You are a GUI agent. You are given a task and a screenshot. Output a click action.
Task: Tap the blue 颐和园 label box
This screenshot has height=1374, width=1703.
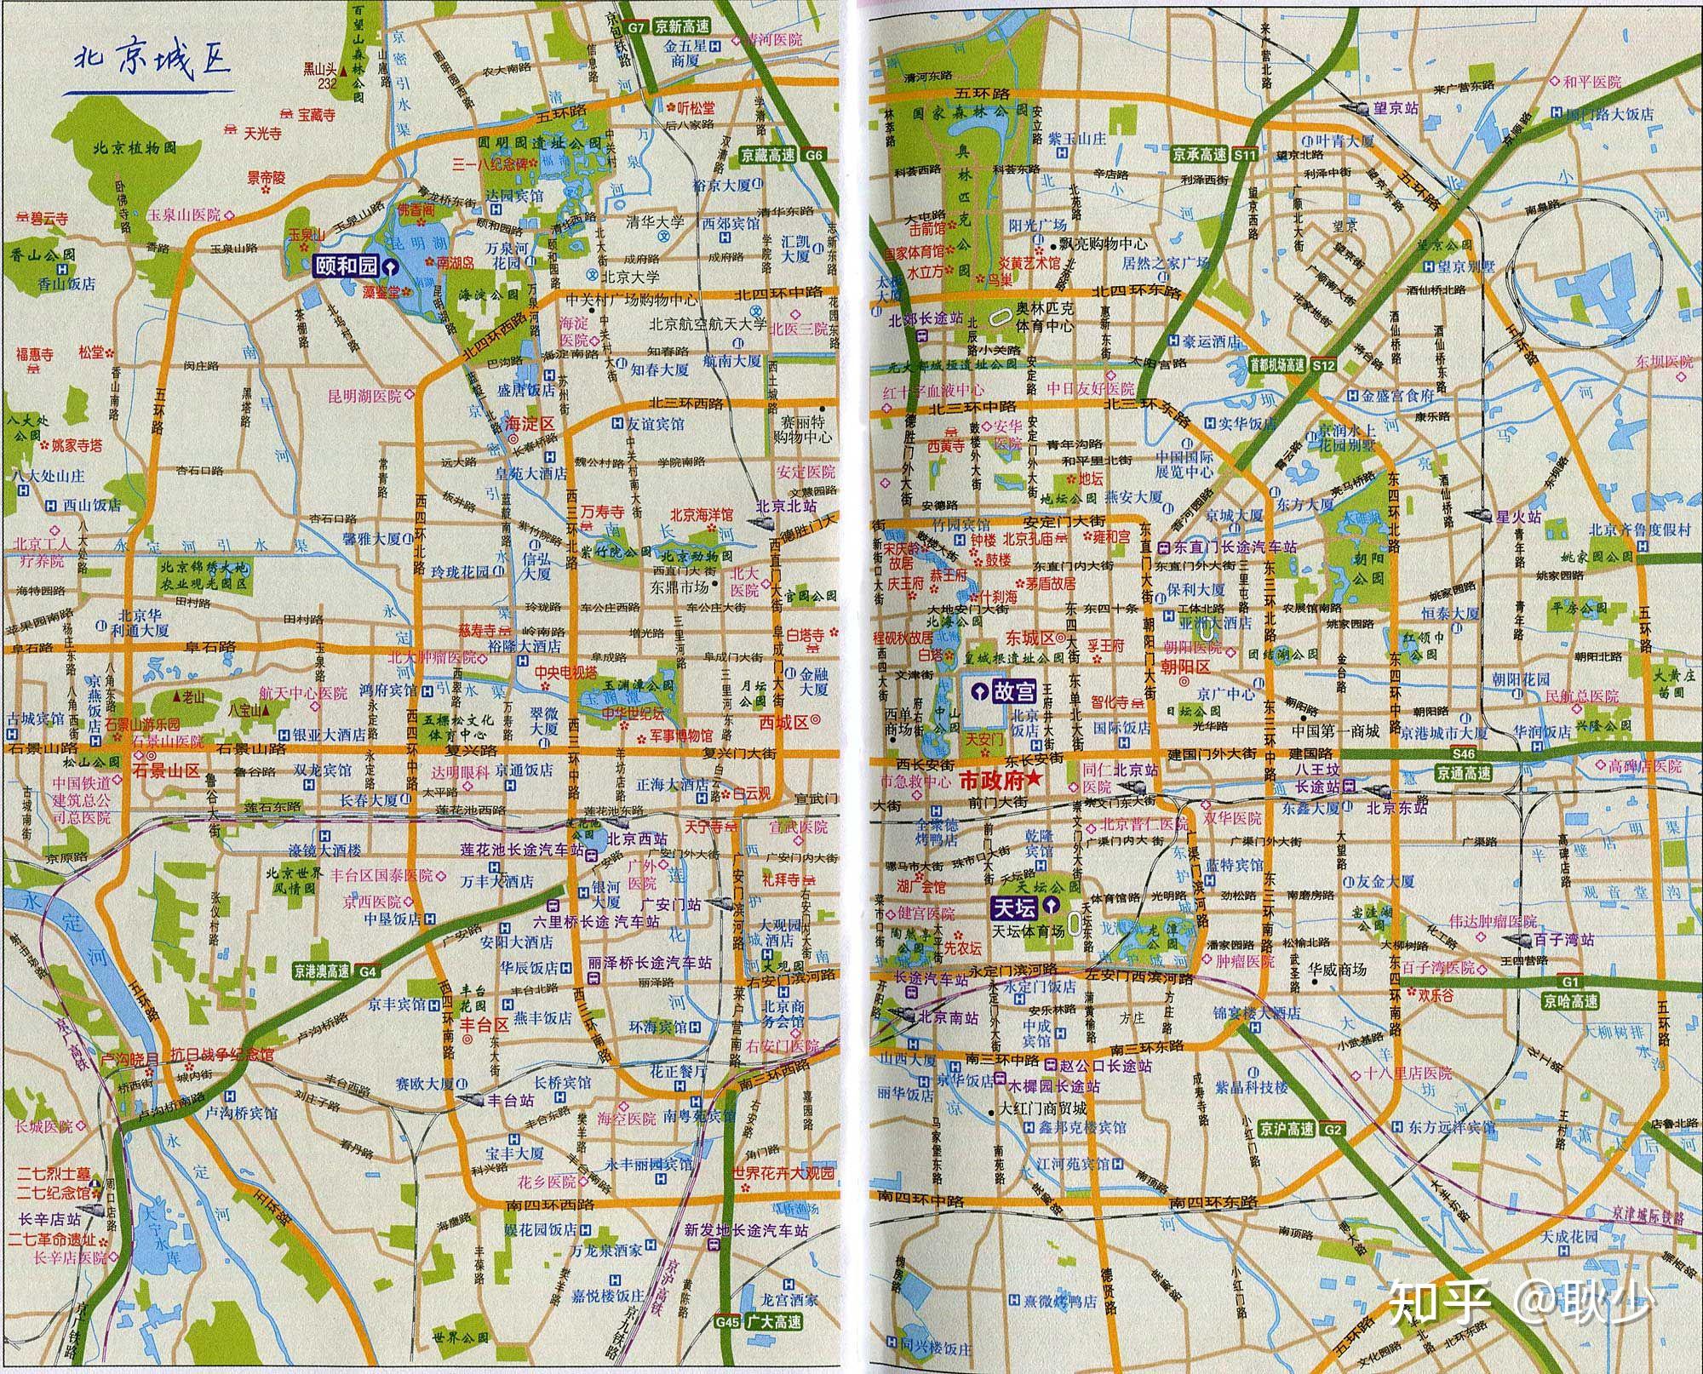pos(346,266)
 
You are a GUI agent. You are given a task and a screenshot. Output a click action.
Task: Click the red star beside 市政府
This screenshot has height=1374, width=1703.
pos(1035,780)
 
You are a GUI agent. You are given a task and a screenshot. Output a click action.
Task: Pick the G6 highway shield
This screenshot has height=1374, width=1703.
pos(814,156)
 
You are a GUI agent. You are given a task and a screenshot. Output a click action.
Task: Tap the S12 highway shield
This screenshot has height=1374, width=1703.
pos(1322,365)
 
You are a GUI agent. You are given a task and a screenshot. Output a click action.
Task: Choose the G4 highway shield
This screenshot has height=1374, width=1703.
pos(367,971)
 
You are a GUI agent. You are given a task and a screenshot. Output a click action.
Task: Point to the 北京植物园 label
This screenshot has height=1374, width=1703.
pos(135,148)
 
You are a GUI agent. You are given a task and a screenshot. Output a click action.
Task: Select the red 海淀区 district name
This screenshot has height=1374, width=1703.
pos(529,423)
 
